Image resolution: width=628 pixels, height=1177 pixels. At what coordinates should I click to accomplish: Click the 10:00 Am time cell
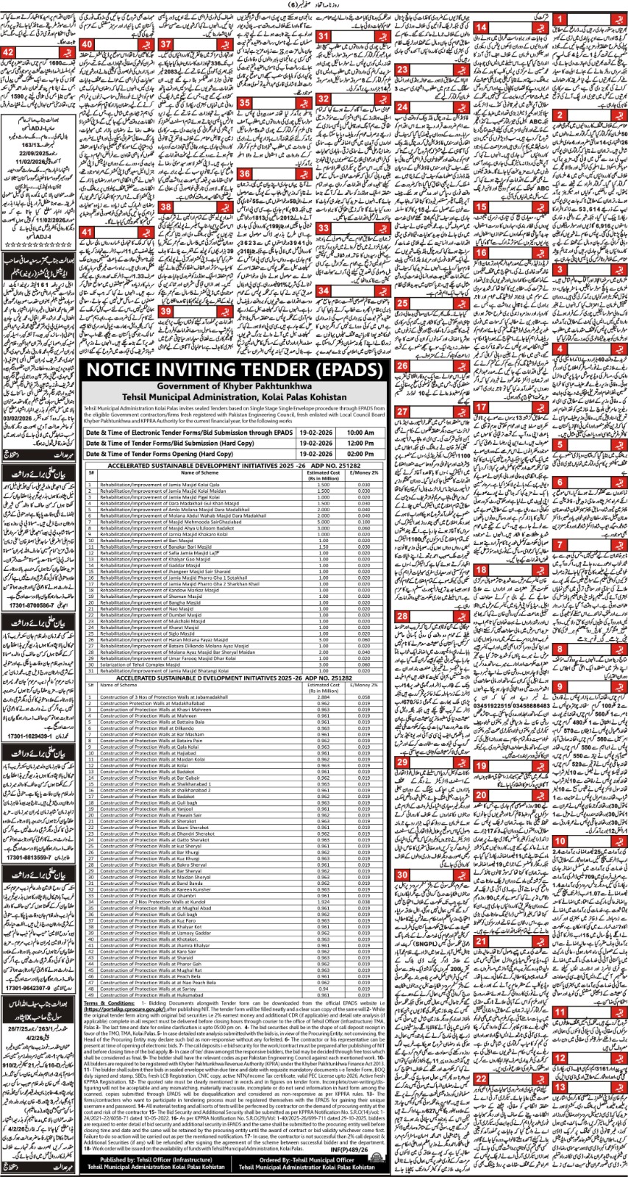357,433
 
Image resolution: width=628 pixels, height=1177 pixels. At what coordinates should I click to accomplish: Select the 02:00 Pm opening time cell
357,455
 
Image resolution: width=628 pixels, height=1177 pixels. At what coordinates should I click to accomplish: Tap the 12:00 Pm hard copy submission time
357,444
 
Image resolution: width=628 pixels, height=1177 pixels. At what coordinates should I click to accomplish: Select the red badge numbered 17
482,407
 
